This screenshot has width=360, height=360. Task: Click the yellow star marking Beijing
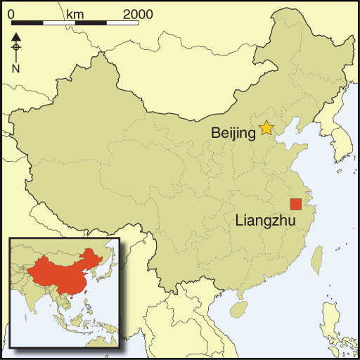pos(266,128)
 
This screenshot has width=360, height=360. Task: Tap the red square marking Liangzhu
pos(296,204)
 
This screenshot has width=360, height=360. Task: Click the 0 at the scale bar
pos(11,13)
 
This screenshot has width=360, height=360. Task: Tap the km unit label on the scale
pos(75,13)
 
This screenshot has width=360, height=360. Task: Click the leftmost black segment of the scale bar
pos(27,23)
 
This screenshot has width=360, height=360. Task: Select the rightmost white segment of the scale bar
pos(122,23)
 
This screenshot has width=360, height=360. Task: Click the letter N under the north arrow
pos(16,68)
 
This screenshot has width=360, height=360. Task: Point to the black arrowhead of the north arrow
pos(16,36)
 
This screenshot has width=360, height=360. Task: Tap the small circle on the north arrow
pos(16,48)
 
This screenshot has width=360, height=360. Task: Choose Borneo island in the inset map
pos(87,330)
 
